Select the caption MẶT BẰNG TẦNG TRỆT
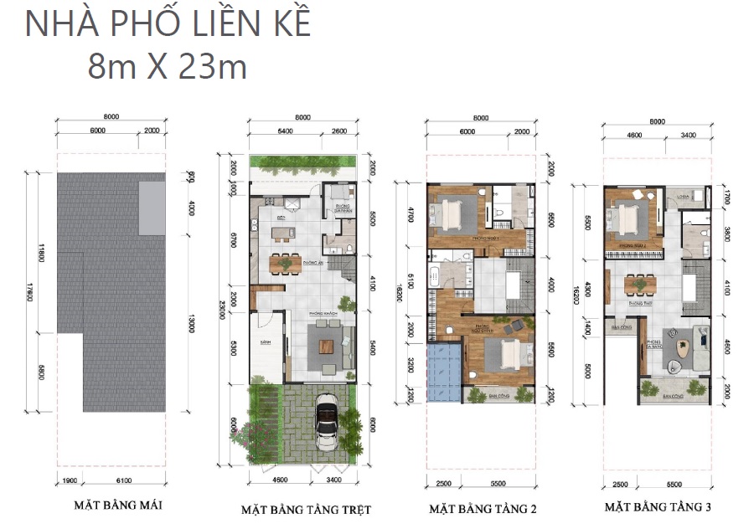[306, 509]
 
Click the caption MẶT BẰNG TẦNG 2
[483, 508]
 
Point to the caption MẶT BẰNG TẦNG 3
[658, 507]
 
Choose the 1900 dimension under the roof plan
[70, 480]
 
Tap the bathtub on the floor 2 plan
[438, 276]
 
